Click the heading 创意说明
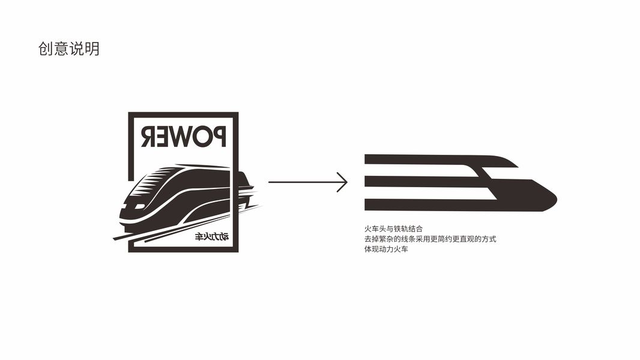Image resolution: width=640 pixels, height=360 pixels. (68, 49)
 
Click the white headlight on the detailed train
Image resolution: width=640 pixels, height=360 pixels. (138, 206)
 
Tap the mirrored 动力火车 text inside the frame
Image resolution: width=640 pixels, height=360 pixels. (212, 238)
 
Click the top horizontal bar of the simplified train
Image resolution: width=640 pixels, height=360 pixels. (420, 160)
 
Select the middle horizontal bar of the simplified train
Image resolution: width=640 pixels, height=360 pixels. (420, 182)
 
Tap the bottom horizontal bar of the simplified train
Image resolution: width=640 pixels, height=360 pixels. (420, 205)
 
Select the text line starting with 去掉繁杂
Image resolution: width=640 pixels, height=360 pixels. (430, 239)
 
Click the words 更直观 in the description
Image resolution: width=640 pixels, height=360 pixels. (460, 239)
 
